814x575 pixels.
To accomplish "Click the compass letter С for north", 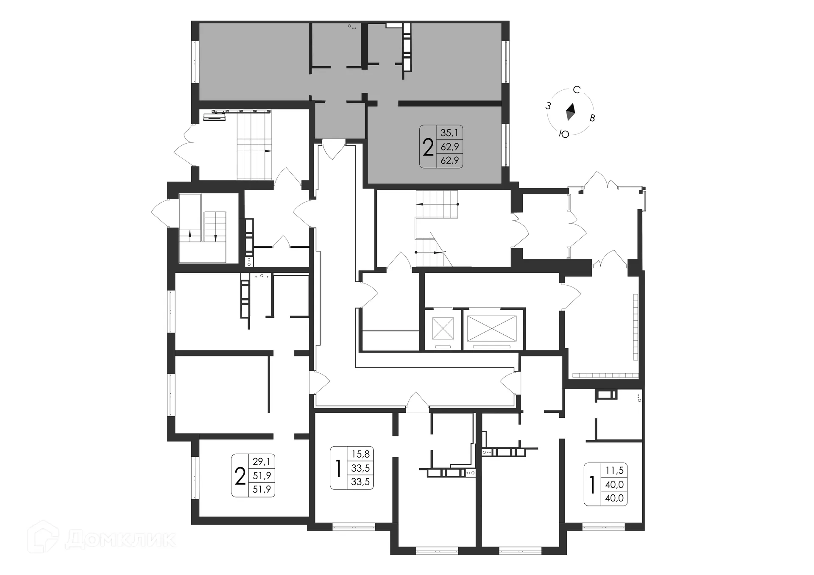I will pyautogui.click(x=576, y=90).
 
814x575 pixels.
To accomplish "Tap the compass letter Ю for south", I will pyautogui.click(x=564, y=134).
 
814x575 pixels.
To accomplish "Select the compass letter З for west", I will pyautogui.click(x=548, y=106).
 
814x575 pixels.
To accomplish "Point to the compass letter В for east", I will pyautogui.click(x=592, y=118).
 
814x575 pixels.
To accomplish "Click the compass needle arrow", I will pyautogui.click(x=570, y=112).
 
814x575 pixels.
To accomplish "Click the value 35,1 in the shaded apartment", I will pyautogui.click(x=449, y=133).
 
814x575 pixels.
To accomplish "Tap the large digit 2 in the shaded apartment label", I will pyautogui.click(x=428, y=147).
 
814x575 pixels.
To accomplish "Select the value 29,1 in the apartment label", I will pyautogui.click(x=261, y=461).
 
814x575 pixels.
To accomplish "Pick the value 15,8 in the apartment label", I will pyautogui.click(x=360, y=454).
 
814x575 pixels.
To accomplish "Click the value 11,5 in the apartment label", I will pyautogui.click(x=614, y=470).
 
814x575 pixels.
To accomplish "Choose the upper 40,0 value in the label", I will pyautogui.click(x=614, y=484).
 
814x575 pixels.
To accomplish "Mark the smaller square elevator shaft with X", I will pyautogui.click(x=443, y=328).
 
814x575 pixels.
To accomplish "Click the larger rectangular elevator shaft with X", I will pyautogui.click(x=492, y=328).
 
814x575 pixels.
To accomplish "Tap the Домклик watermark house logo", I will pyautogui.click(x=42, y=537).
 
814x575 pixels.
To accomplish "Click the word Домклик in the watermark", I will pyautogui.click(x=120, y=539).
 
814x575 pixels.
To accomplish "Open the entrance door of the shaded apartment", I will pyautogui.click(x=334, y=149).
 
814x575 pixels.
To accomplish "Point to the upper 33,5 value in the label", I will pyautogui.click(x=360, y=468).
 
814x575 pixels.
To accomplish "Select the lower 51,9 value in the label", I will pyautogui.click(x=261, y=489).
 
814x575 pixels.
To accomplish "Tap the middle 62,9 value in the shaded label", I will pyautogui.click(x=449, y=147).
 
